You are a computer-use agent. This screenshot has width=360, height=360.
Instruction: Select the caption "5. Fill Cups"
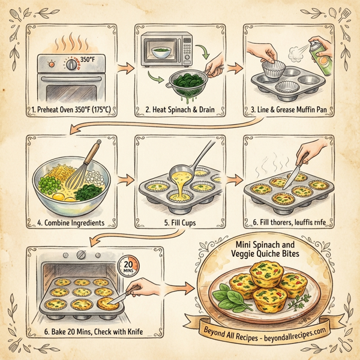click(x=182, y=223)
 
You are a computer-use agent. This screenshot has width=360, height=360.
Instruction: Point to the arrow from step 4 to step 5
click(x=125, y=178)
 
